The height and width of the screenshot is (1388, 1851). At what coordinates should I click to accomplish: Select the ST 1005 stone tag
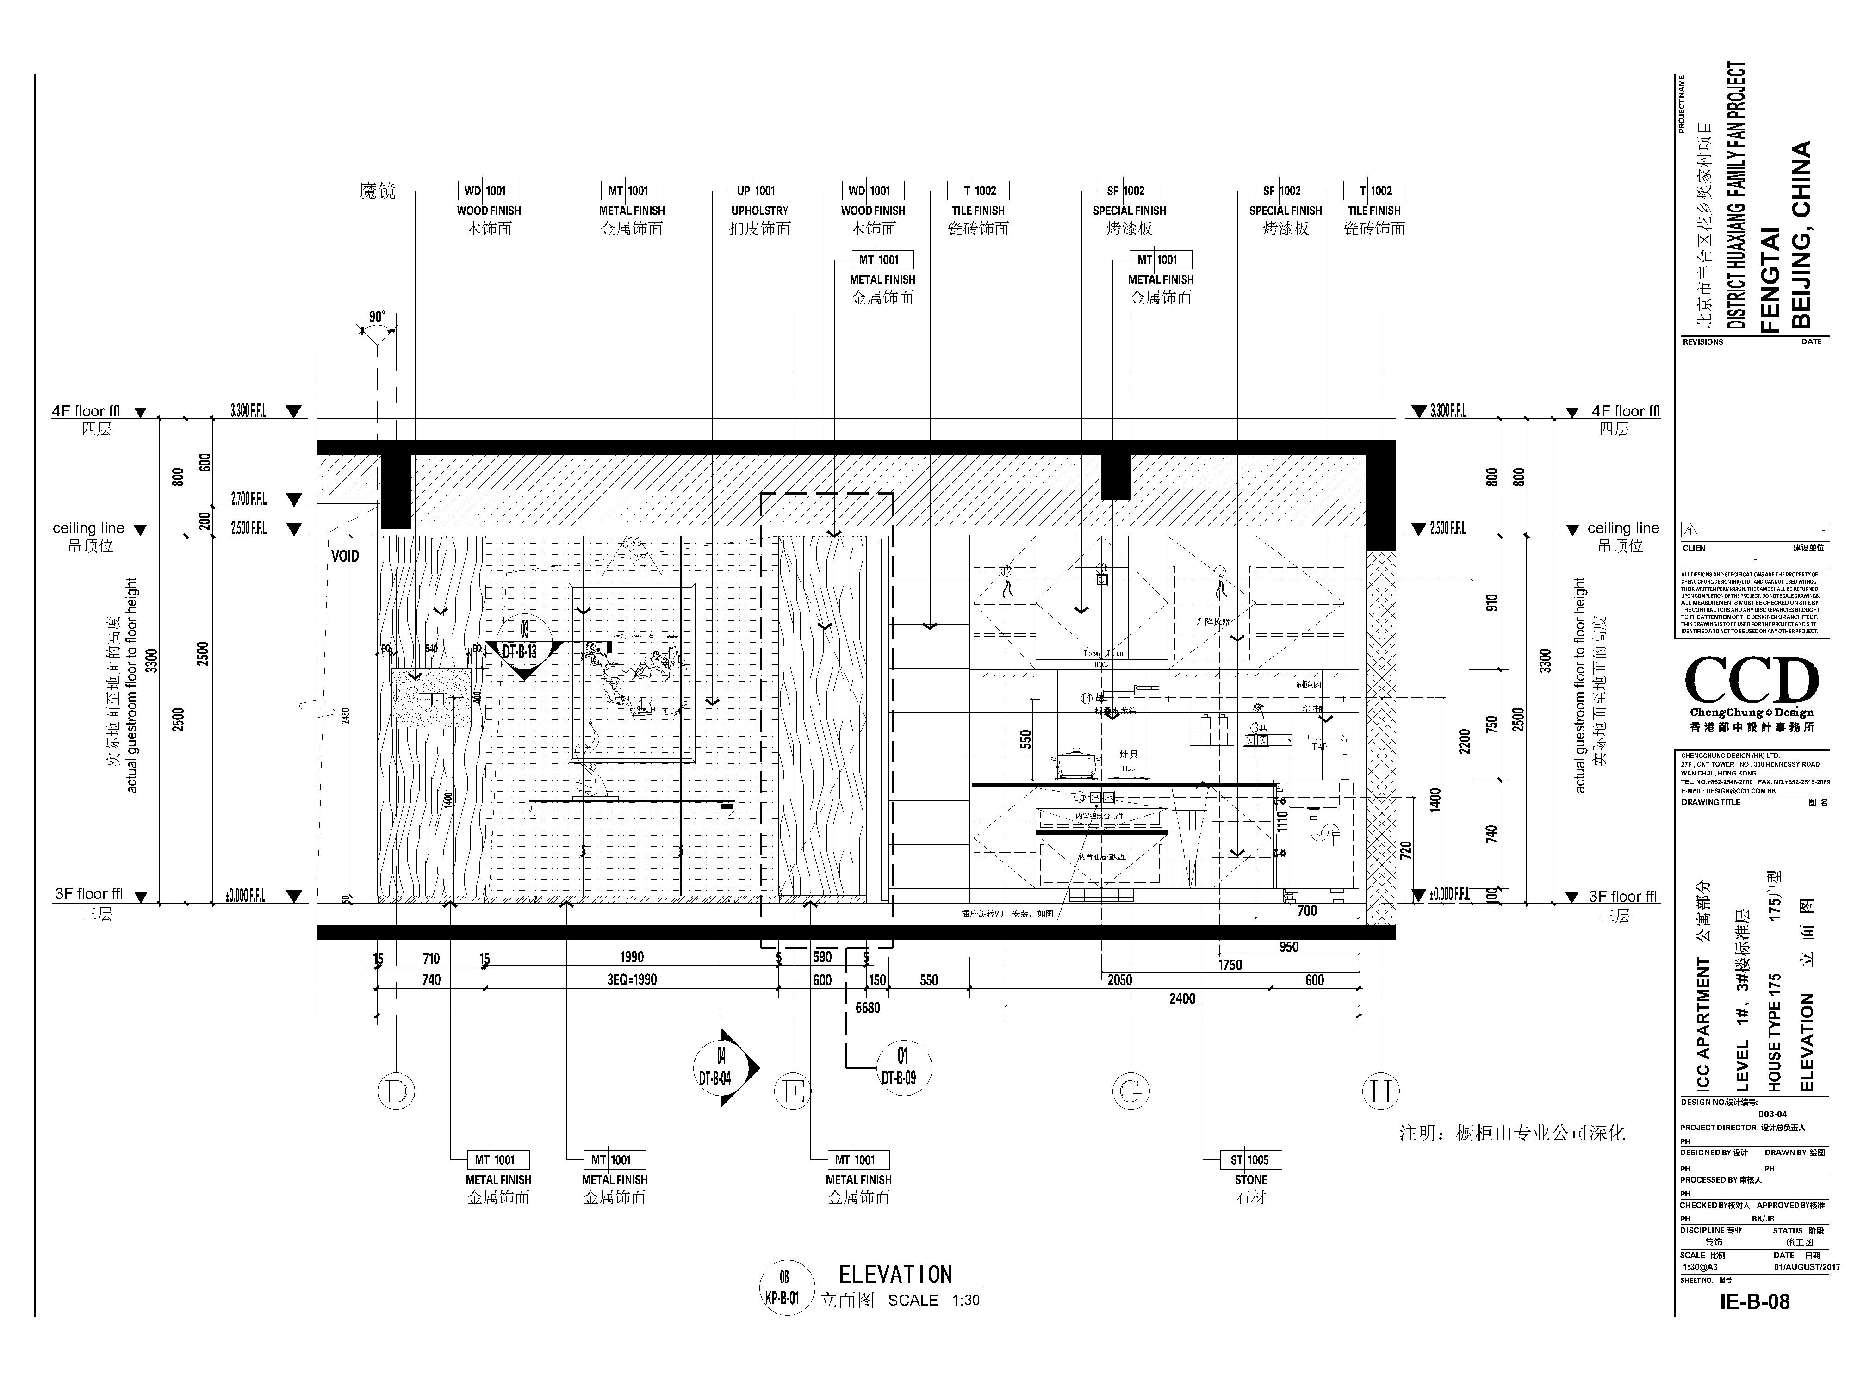(x=1251, y=1159)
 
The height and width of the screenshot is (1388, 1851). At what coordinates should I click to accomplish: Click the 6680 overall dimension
(x=868, y=1008)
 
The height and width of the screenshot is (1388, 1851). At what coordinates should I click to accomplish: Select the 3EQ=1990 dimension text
(x=632, y=980)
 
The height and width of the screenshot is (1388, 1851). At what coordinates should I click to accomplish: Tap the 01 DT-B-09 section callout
(x=902, y=1067)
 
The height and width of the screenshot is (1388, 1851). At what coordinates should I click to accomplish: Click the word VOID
(x=345, y=557)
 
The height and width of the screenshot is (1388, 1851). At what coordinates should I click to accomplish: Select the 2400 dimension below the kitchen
(x=1181, y=998)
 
